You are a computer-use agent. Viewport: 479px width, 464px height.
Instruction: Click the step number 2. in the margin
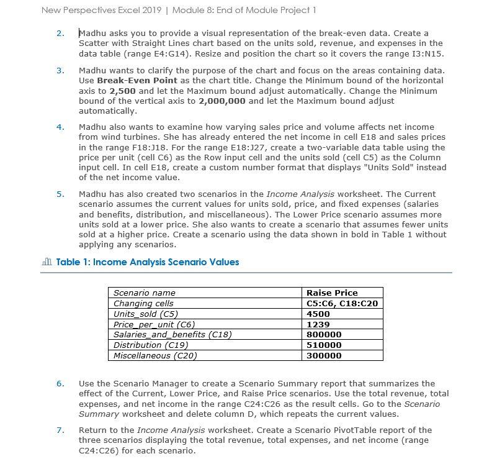[x=60, y=33]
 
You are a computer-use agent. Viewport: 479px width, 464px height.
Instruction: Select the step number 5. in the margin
[x=60, y=194]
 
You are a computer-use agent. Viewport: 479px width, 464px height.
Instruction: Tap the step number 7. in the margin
[x=60, y=430]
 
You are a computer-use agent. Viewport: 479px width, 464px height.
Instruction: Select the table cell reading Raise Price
[x=333, y=293]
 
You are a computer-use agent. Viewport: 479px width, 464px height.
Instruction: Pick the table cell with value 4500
[x=318, y=314]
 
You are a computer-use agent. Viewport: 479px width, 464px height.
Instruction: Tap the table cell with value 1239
[x=318, y=324]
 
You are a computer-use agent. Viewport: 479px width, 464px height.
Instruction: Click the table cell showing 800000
[x=324, y=334]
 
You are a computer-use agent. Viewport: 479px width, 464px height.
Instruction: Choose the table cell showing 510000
[x=324, y=345]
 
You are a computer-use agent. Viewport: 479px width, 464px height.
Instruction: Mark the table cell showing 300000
[x=324, y=355]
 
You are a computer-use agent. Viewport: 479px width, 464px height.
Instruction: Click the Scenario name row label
[x=145, y=293]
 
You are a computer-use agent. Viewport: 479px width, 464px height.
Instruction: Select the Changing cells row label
[x=144, y=303]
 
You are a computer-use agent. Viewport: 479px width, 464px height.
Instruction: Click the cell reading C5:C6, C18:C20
[x=342, y=303]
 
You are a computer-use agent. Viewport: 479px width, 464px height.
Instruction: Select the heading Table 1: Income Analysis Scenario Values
[x=148, y=262]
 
